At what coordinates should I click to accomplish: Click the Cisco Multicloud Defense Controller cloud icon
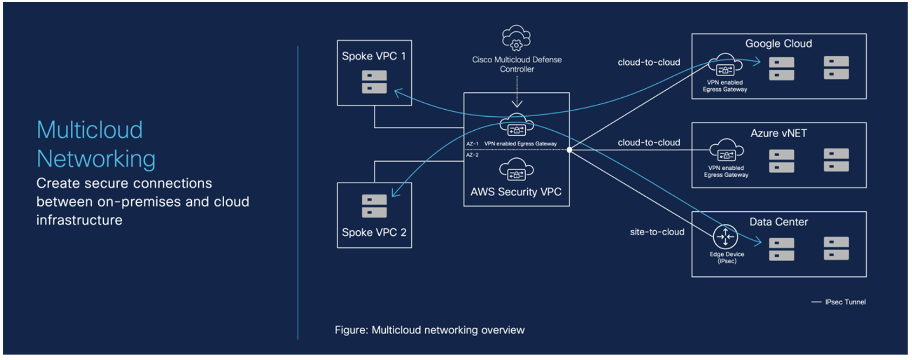pos(517,37)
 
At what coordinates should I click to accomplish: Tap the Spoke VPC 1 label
pos(373,56)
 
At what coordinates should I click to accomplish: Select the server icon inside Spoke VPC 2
pos(374,206)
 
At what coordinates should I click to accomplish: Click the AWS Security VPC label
pos(516,192)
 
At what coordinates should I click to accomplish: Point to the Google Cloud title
pos(779,44)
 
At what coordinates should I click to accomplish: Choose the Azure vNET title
pos(779,134)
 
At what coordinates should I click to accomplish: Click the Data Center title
pos(779,222)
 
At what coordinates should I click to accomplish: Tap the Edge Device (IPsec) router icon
pos(725,237)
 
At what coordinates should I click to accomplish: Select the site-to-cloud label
pos(657,232)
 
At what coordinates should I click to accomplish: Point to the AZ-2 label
pos(472,155)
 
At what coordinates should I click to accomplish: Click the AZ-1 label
pos(472,144)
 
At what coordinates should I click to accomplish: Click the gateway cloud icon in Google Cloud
pos(725,65)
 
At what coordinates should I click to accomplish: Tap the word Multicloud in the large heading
pos(90,130)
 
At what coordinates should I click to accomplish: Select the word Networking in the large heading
pos(96,159)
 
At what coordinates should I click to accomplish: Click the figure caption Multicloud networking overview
pos(430,330)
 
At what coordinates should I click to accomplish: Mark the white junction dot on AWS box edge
pos(569,150)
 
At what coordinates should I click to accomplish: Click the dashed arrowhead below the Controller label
pos(517,103)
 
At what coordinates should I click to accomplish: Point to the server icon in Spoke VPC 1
pos(374,82)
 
